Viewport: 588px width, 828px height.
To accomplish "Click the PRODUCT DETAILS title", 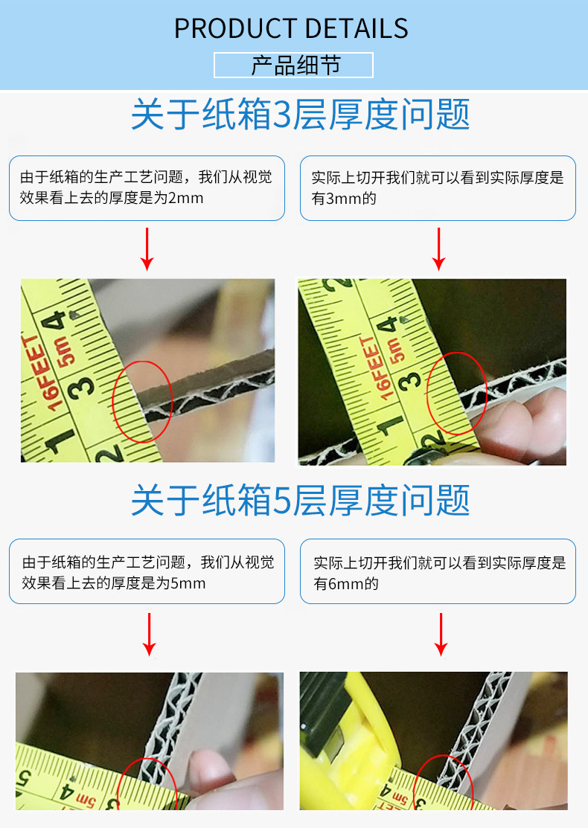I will click(x=291, y=28).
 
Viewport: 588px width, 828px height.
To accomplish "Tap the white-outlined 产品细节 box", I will click(x=293, y=65).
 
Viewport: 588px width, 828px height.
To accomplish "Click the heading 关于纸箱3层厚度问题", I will click(x=300, y=115).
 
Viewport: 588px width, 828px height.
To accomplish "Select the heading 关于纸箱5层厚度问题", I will click(x=300, y=499).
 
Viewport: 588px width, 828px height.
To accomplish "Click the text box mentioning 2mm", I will click(x=147, y=188).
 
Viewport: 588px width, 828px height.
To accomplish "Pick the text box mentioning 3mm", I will click(x=438, y=188).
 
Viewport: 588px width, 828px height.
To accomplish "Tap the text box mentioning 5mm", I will click(x=147, y=571).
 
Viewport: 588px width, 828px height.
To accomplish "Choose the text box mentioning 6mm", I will click(x=438, y=571).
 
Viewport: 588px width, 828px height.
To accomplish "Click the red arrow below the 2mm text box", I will click(x=147, y=249).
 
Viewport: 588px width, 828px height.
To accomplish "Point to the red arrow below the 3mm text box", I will click(x=438, y=249).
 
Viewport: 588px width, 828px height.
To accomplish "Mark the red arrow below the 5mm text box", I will click(x=149, y=635).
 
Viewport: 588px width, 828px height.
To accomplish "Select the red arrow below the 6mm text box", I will click(x=441, y=635).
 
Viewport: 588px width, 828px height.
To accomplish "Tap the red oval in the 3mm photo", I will click(x=457, y=394).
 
